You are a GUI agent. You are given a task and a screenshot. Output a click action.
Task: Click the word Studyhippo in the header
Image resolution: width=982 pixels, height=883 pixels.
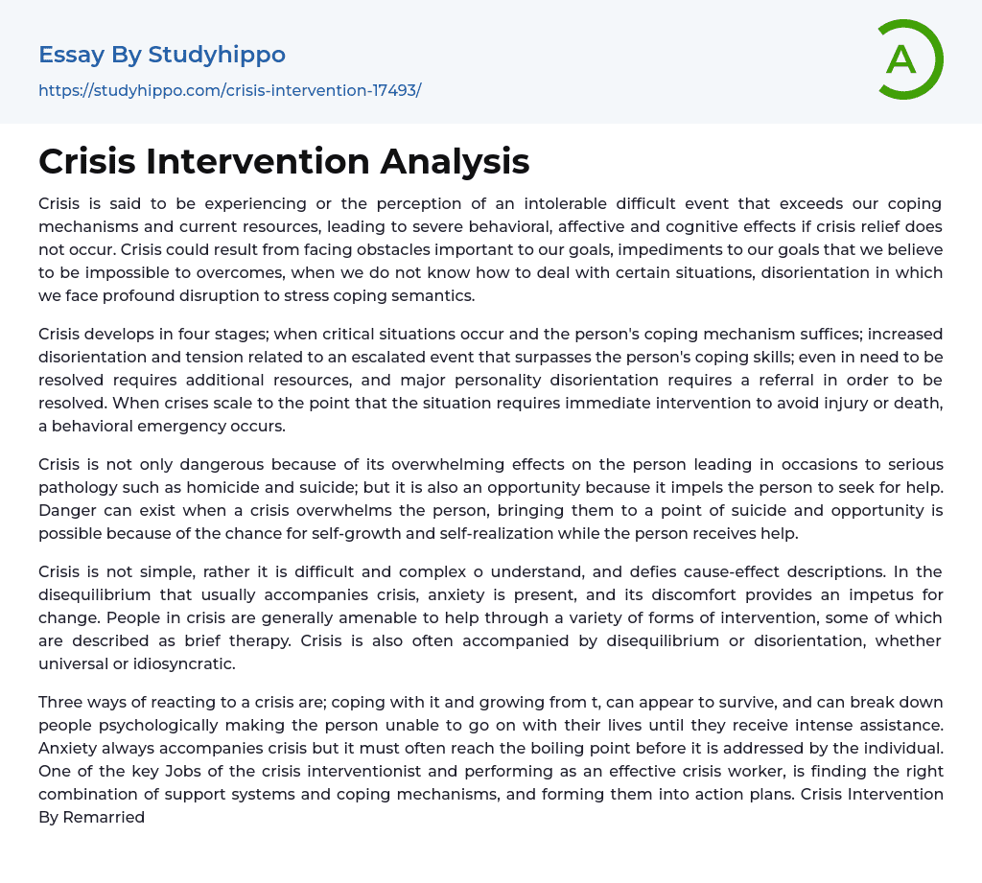click(217, 55)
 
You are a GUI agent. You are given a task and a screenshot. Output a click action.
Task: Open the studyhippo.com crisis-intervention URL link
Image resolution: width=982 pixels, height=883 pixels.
click(229, 90)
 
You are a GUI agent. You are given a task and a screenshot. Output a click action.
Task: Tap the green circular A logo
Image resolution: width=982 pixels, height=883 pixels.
click(903, 59)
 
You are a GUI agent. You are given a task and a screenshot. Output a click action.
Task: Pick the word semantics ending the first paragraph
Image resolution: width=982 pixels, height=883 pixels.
click(431, 295)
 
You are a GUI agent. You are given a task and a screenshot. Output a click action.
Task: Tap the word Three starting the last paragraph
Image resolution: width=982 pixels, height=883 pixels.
click(60, 702)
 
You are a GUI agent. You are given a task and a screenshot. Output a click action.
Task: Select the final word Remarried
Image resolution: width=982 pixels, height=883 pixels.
click(104, 817)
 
